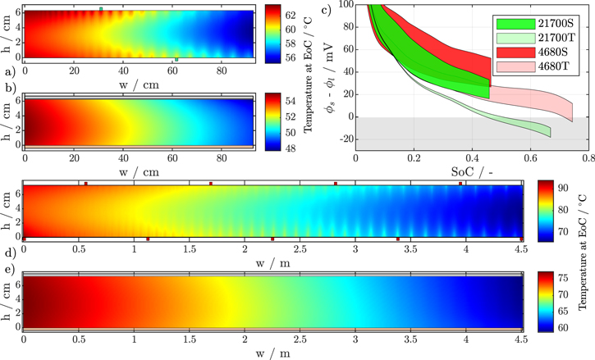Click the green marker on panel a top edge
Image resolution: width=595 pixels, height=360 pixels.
[x=101, y=9]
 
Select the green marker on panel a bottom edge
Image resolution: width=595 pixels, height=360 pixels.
[x=176, y=60]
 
